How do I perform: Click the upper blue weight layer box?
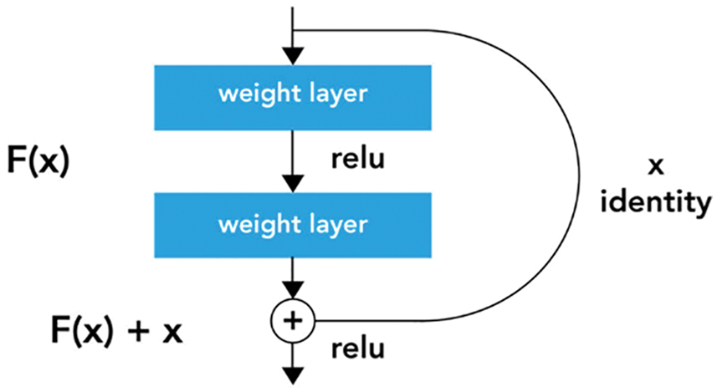tap(292, 94)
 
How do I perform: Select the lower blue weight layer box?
tap(292, 224)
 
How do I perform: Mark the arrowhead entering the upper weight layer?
tap(292, 57)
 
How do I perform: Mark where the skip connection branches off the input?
tap(292, 30)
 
